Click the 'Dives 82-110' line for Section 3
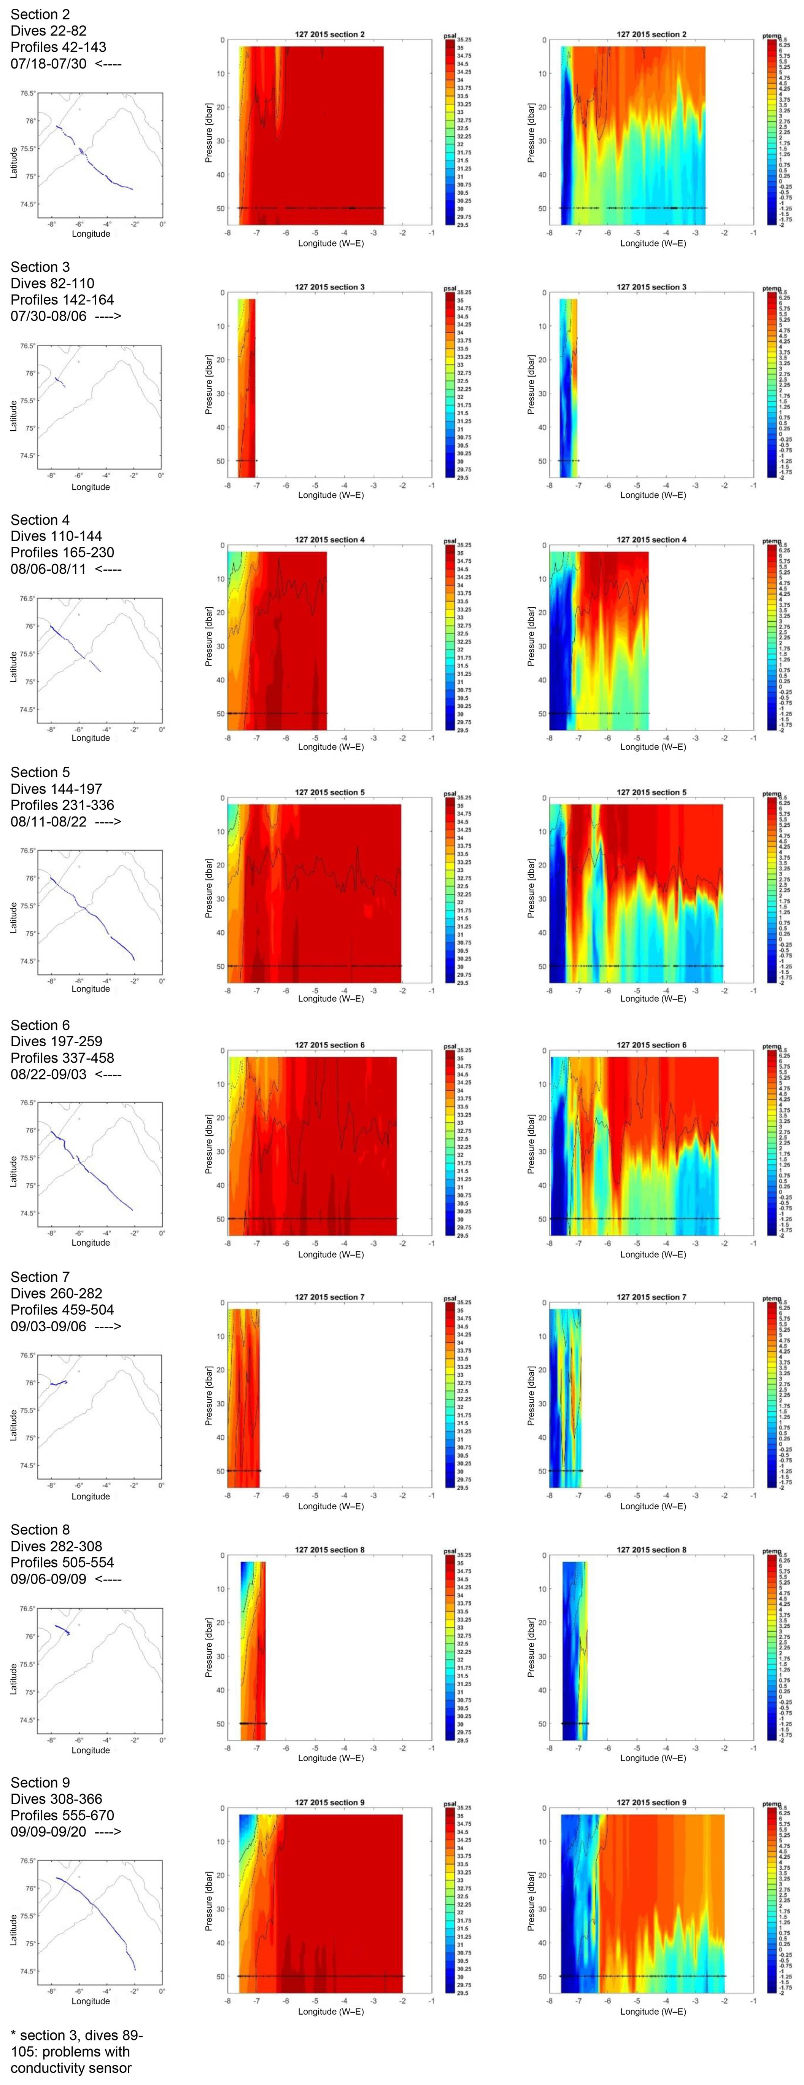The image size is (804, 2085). click(x=52, y=283)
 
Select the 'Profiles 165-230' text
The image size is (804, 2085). click(x=62, y=552)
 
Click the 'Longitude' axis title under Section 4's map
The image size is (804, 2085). click(x=91, y=737)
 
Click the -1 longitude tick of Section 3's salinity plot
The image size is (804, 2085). click(x=431, y=485)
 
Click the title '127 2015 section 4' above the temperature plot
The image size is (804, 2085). click(x=651, y=540)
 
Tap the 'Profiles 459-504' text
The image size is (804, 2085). click(x=62, y=1310)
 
